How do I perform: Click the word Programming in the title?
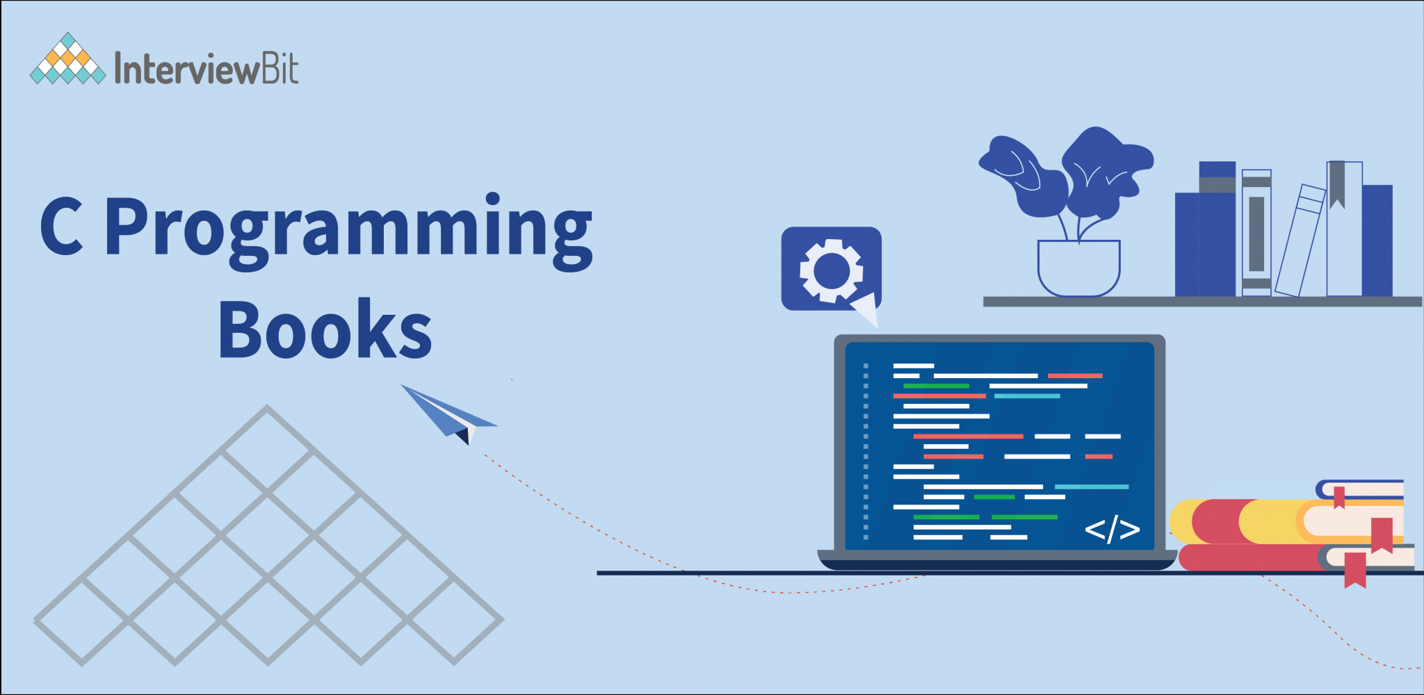(348, 229)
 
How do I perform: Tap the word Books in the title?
(325, 329)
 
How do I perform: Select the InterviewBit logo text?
(207, 69)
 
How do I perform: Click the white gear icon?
(832, 270)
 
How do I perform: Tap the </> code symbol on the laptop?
(1112, 530)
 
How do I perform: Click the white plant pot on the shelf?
(1078, 268)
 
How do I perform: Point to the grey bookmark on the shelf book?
(1336, 184)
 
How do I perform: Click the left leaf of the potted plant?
(1022, 174)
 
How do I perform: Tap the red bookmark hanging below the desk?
(1355, 570)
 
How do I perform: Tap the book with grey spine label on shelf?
(1256, 233)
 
